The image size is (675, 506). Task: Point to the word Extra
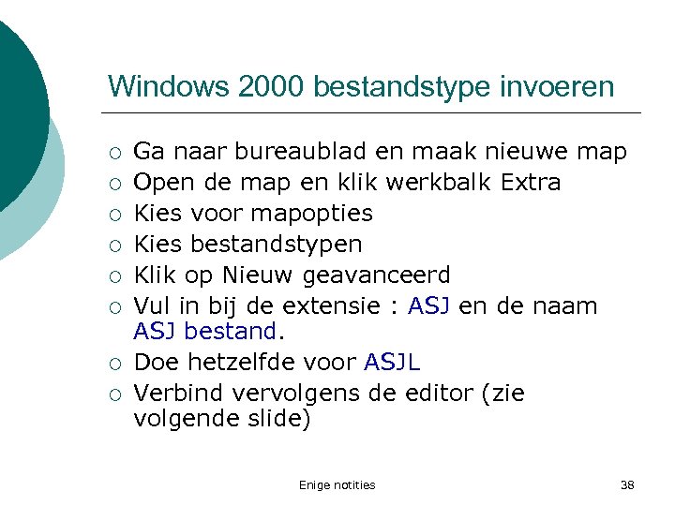click(x=531, y=182)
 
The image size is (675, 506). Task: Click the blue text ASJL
click(x=393, y=362)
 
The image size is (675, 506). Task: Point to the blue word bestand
click(x=230, y=330)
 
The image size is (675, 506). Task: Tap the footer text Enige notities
click(x=337, y=484)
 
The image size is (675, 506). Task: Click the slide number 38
click(x=627, y=484)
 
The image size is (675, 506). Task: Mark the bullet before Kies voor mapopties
click(x=114, y=215)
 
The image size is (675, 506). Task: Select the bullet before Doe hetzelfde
click(x=114, y=364)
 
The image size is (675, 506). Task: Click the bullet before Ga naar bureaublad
click(x=114, y=153)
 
